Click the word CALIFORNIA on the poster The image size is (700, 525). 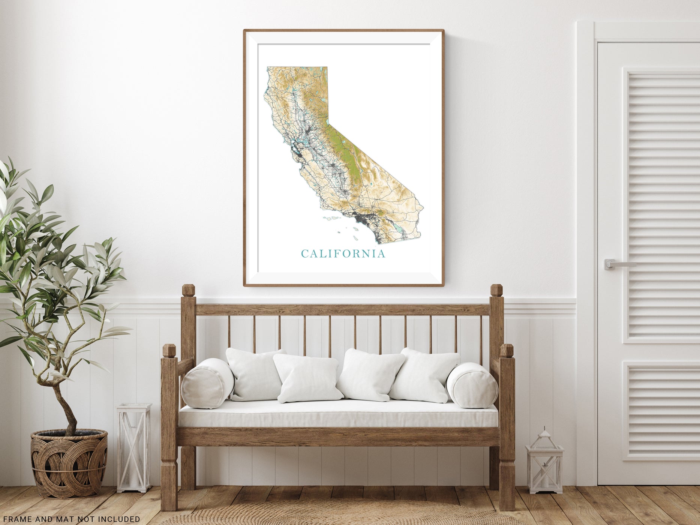pyautogui.click(x=343, y=254)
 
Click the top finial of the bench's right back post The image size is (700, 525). pyautogui.click(x=497, y=291)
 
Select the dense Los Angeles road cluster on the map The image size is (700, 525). pyautogui.click(x=360, y=216)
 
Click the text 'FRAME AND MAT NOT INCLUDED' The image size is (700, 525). pyautogui.click(x=70, y=519)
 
